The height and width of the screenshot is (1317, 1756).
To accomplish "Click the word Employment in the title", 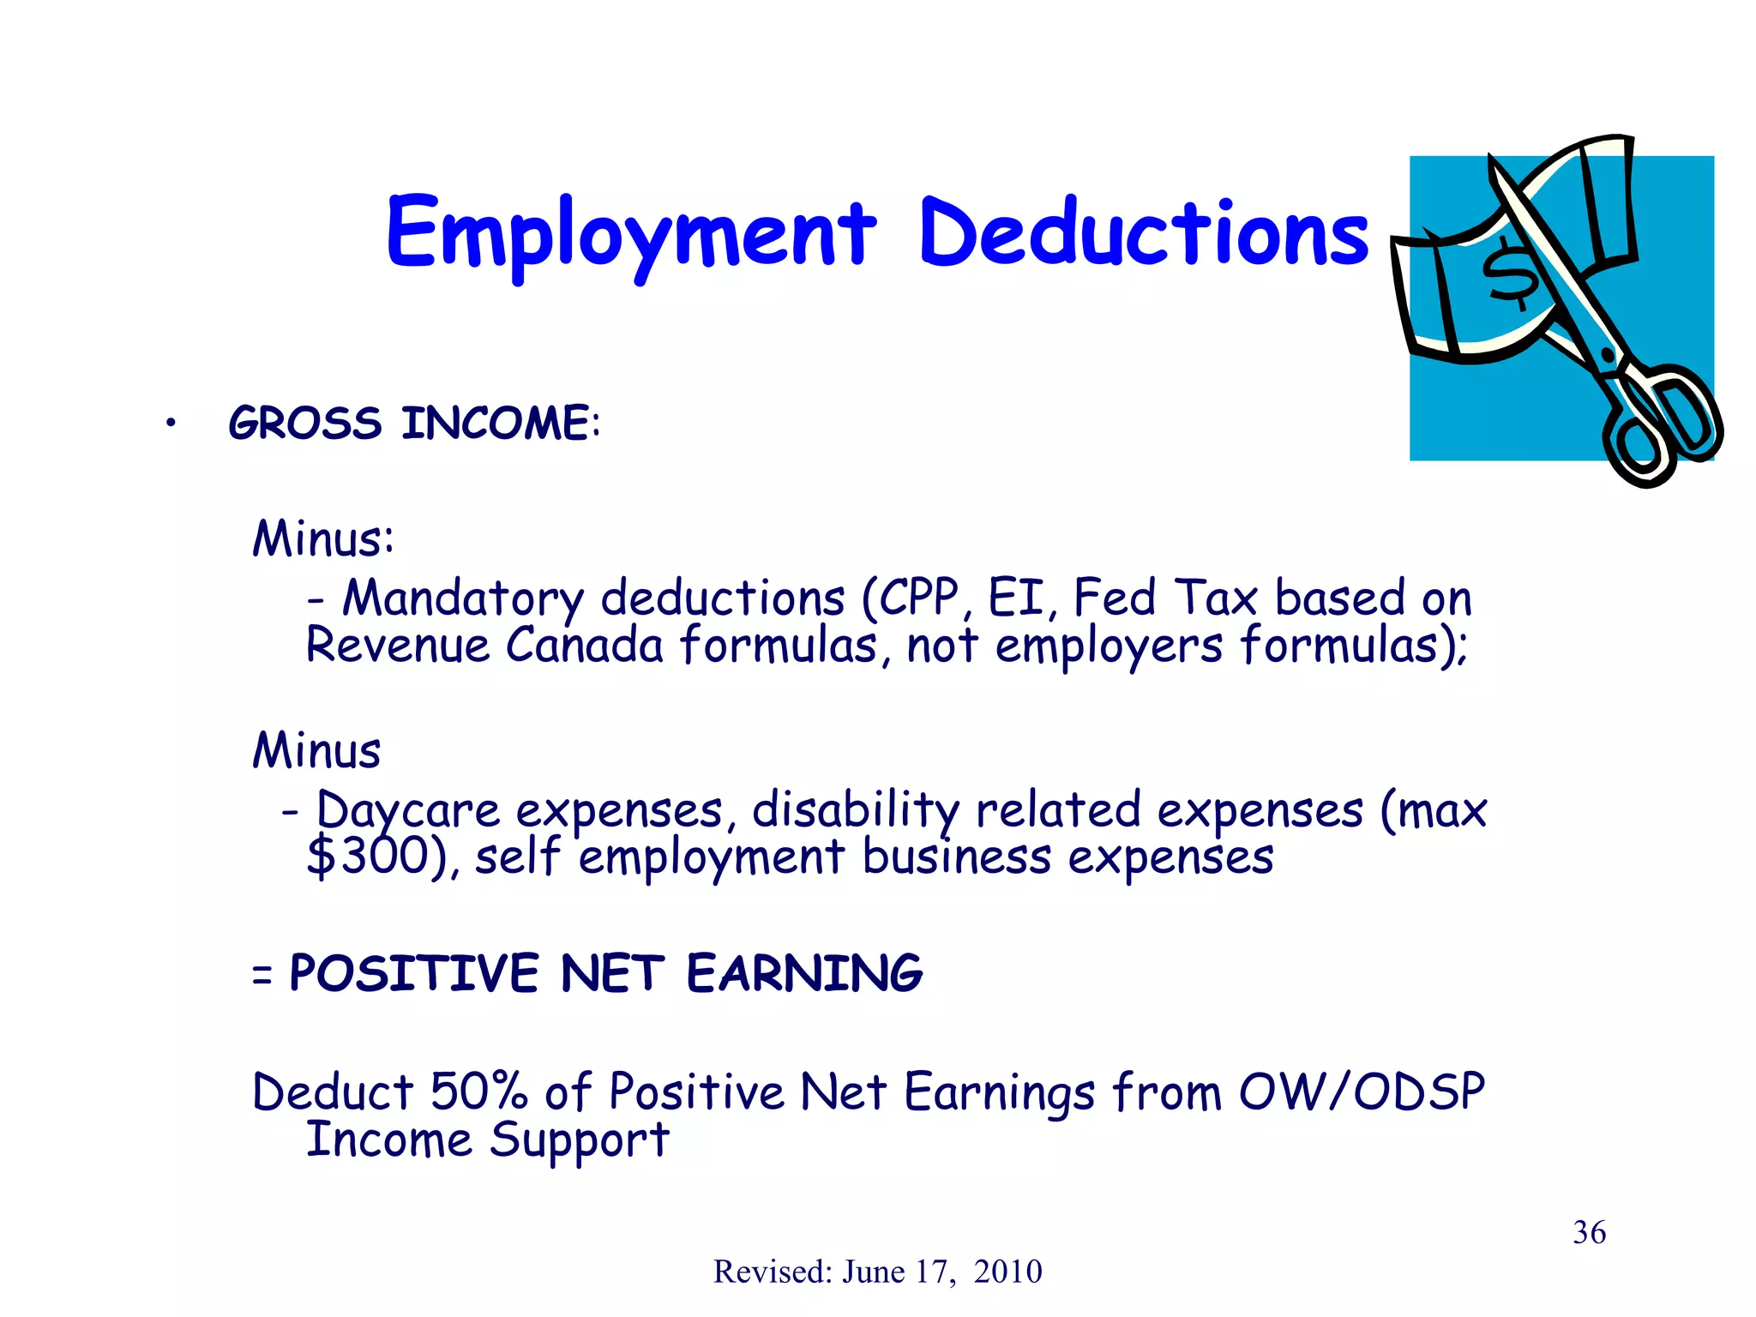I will point(631,233).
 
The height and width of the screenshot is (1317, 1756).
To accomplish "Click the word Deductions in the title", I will point(1143,233).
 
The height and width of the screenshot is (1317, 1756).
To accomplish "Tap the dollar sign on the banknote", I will point(1512,274).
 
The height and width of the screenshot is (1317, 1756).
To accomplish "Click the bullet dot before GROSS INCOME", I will point(171,423).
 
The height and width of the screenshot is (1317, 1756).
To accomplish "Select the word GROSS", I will point(305,424).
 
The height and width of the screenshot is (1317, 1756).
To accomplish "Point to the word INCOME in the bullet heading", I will point(496,424).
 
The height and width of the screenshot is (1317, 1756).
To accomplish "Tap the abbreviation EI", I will point(1016,598).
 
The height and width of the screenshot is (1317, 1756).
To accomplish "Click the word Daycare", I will point(408,810).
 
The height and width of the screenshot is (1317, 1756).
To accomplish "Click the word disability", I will point(855,810).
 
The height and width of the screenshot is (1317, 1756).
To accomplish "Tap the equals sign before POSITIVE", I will point(262,976).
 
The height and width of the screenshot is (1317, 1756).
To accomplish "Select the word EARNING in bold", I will point(804,974).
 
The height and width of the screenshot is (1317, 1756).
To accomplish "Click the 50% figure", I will point(478,1091).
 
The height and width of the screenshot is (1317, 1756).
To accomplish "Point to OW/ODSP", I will point(1362,1091).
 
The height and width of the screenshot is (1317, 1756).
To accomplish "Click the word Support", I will point(579,1140).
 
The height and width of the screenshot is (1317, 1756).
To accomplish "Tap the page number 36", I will point(1589,1232).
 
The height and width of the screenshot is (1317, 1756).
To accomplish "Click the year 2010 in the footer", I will point(1007,1272).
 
